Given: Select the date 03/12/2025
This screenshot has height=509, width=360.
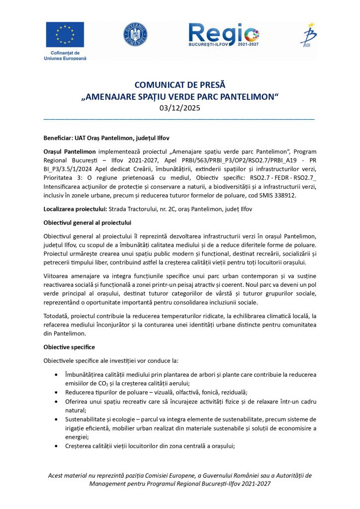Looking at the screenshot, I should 180,107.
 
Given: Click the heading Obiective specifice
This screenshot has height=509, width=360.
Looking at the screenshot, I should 69,346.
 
